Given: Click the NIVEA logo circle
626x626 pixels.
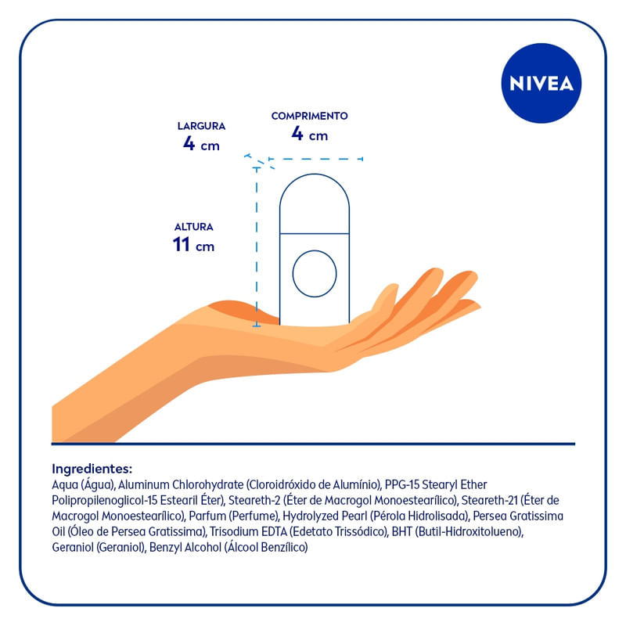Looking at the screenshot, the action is click(541, 83).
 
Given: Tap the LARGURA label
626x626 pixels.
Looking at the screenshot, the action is click(202, 126).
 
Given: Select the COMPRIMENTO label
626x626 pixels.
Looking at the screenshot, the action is click(309, 116).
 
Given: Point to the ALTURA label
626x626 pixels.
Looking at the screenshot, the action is click(193, 227).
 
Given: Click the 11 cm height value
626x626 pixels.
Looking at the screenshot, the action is click(193, 244).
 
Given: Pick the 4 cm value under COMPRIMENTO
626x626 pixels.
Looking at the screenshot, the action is click(309, 133).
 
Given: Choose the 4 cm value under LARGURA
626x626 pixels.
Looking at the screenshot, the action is click(202, 143).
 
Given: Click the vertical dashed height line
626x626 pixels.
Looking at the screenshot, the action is click(257, 246).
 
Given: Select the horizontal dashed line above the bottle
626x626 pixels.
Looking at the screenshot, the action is click(315, 159).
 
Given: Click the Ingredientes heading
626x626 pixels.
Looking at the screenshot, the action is click(92, 468).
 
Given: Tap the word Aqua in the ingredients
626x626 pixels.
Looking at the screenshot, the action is click(65, 485).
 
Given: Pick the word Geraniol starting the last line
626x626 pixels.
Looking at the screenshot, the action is click(73, 547).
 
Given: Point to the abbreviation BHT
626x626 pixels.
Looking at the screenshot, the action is click(402, 532).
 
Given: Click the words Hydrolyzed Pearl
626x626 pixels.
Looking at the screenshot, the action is click(325, 516).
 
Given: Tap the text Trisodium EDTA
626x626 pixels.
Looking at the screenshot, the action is click(248, 532).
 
